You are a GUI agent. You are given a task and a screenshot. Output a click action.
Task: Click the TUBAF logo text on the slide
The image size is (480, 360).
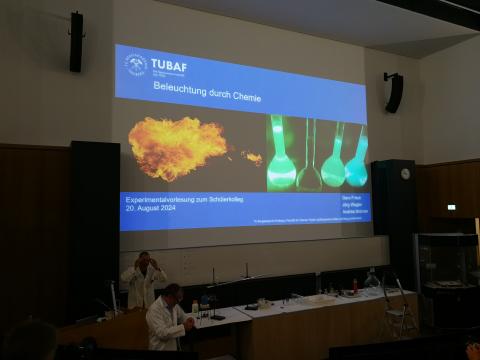tap(167, 65)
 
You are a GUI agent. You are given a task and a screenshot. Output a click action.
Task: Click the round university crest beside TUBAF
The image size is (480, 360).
tap(136, 65)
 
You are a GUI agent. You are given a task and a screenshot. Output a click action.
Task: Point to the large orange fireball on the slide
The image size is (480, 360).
tap(177, 147)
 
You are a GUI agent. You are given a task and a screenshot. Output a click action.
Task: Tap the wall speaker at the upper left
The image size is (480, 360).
tap(76, 42)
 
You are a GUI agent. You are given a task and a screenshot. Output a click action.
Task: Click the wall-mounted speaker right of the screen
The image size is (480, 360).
tap(394, 92)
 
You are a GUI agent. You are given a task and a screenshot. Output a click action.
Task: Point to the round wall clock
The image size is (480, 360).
tap(405, 173)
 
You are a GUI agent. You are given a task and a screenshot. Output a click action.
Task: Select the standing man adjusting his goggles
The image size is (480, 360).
tap(142, 280)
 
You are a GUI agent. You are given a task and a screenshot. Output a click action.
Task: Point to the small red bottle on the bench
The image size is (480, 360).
tap(354, 286)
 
